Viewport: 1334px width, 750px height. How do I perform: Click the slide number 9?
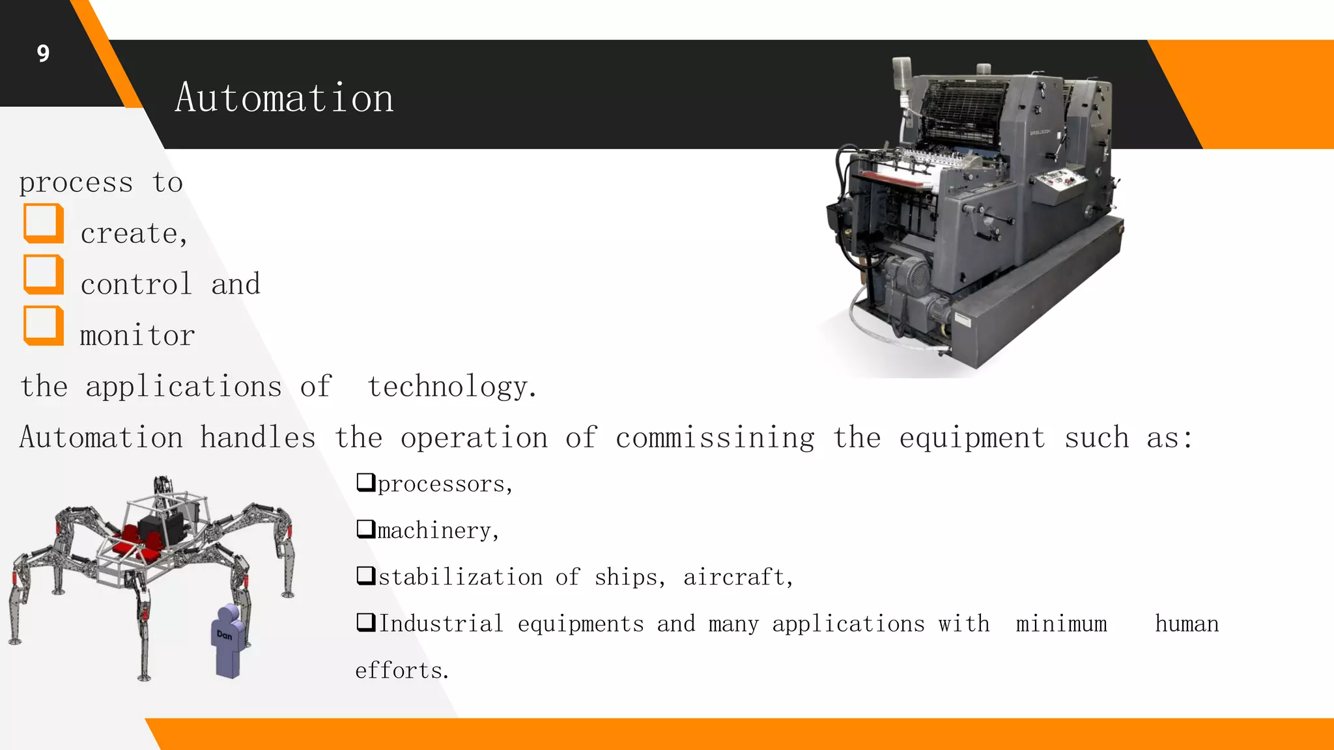pyautogui.click(x=43, y=53)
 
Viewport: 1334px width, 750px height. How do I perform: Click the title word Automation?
pyautogui.click(x=284, y=98)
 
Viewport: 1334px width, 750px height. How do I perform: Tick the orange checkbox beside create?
pyautogui.click(x=44, y=223)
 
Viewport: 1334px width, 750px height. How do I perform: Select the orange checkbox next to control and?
pyautogui.click(x=44, y=274)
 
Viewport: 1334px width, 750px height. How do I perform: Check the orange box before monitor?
pyautogui.click(x=44, y=325)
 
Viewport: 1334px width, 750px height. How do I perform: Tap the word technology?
pyautogui.click(x=452, y=387)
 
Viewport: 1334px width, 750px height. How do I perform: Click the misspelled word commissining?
pyautogui.click(x=715, y=437)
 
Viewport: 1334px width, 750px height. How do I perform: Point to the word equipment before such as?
pyautogui.click(x=972, y=437)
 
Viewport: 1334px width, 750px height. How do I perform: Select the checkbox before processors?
pyautogui.click(x=365, y=482)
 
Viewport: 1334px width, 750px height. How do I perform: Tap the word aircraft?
pyautogui.click(x=737, y=577)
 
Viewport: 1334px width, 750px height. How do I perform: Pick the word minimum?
pyautogui.click(x=1061, y=624)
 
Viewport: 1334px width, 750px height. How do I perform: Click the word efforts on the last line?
pyautogui.click(x=401, y=671)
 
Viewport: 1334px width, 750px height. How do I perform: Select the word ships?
pyautogui.click(x=629, y=577)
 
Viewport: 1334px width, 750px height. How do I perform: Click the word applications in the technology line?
pyautogui.click(x=184, y=387)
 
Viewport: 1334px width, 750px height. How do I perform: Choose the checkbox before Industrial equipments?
pyautogui.click(x=365, y=622)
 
